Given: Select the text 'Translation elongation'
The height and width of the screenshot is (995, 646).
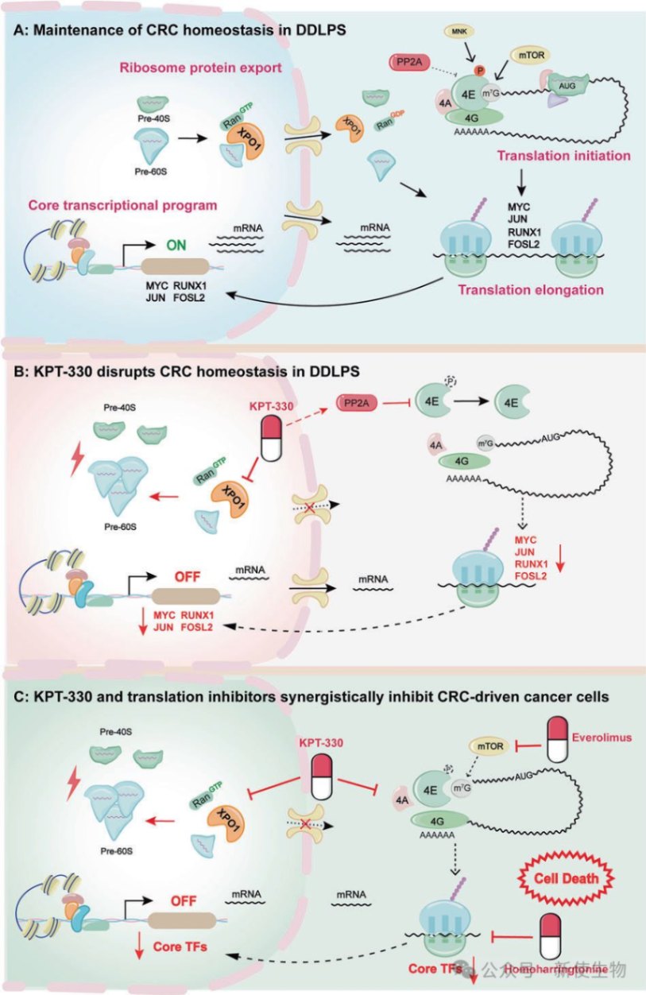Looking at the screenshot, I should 540,289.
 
